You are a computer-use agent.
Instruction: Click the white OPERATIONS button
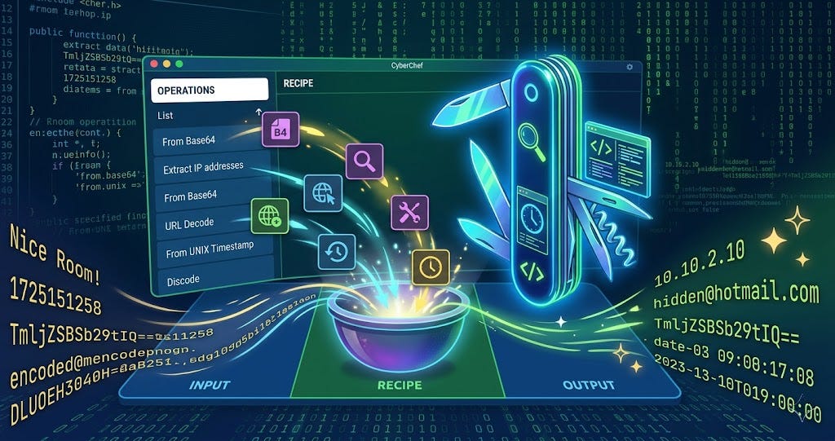coord(209,90)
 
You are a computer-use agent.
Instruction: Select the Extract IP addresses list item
coord(203,166)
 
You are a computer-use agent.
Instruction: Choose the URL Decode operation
coord(189,223)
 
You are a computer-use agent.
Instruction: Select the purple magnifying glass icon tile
coord(364,161)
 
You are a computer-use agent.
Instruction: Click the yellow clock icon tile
coord(431,267)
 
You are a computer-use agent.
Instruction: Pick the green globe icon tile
coord(268,215)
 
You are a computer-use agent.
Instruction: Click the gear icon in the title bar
coord(629,67)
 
